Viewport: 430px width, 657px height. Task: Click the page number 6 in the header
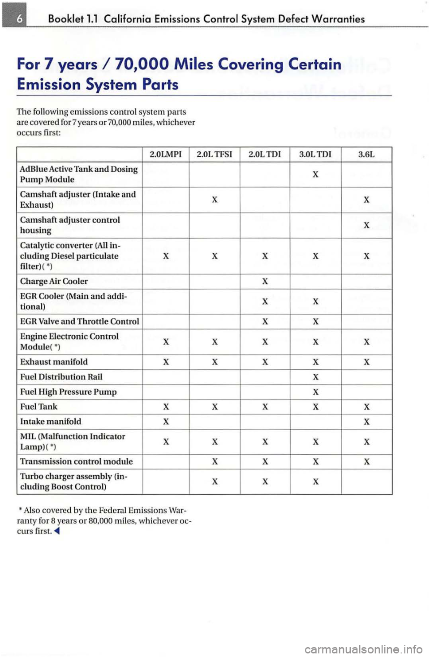(15, 18)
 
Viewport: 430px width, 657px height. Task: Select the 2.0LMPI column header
(166, 154)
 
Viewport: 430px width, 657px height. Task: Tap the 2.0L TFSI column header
(215, 154)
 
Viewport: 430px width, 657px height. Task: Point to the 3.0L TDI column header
(315, 154)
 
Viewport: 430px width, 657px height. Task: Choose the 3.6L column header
(366, 154)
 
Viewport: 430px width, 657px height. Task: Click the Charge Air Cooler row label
(54, 282)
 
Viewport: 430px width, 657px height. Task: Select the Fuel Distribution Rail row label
(61, 377)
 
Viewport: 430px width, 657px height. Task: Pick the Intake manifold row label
(51, 422)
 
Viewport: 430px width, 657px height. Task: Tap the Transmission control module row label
(77, 461)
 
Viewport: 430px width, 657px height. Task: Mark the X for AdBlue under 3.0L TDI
(315, 175)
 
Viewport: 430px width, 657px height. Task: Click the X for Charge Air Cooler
(265, 282)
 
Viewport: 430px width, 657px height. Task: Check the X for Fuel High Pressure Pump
(315, 392)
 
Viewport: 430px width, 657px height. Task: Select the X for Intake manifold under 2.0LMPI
(166, 422)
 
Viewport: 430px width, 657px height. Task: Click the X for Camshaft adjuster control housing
(366, 225)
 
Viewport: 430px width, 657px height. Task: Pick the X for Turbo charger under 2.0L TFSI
(215, 482)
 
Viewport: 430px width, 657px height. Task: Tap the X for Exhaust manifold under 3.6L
(366, 362)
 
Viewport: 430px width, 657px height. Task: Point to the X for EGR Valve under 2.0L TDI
(265, 322)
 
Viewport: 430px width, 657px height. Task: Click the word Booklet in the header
(66, 19)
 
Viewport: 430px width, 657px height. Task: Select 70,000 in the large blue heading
(141, 64)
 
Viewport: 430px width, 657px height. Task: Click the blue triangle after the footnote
(57, 532)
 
